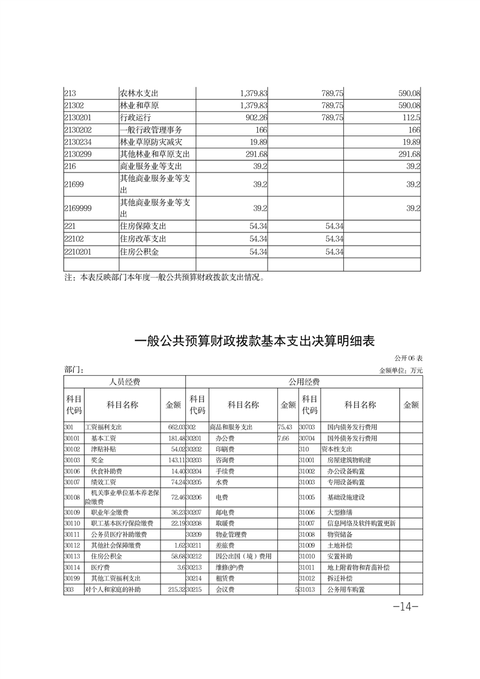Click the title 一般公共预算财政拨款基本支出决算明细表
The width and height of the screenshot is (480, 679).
(x=254, y=341)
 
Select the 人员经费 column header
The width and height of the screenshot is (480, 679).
(x=124, y=382)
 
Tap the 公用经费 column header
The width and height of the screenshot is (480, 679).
(x=304, y=382)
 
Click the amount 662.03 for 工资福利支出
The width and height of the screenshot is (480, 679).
(x=173, y=427)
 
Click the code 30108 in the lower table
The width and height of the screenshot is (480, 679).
(x=72, y=497)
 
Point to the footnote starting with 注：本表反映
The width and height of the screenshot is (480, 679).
(x=165, y=278)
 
